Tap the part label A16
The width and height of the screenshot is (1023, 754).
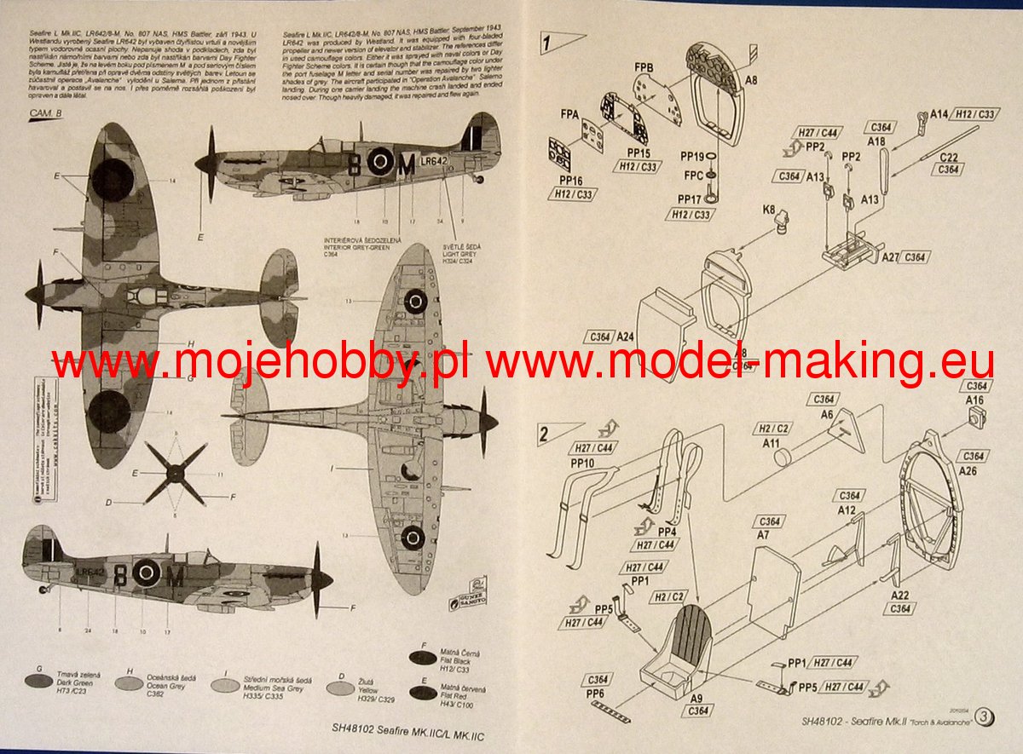pos(974,400)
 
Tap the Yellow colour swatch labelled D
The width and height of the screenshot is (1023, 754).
pos(344,683)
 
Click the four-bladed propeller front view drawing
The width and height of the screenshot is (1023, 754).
pos(176,474)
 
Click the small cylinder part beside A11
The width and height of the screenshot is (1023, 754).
pos(782,460)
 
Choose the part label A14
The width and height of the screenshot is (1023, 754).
pos(939,113)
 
